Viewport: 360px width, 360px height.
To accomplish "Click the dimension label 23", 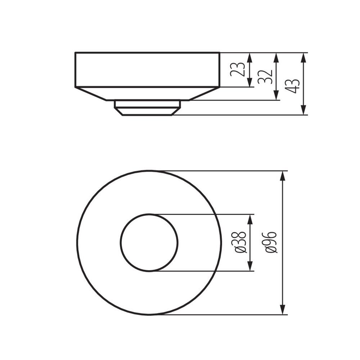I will [238, 69].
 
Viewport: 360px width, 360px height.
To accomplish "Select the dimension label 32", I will [265, 76].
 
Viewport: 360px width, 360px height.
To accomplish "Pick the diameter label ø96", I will [271, 242].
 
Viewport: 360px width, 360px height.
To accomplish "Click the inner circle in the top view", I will [149, 243].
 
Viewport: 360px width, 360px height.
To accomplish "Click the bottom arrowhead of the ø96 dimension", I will [283, 310].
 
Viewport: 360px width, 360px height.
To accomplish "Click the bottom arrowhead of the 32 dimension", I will [276, 95].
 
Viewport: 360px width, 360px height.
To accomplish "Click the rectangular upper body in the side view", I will [147, 70].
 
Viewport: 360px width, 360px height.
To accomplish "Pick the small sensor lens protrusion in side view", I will [147, 108].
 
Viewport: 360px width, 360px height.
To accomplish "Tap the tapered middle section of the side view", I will [147, 94].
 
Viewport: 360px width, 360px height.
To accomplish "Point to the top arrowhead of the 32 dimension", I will [276, 57].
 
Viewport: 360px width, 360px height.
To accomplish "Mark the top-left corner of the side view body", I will [76, 53].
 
